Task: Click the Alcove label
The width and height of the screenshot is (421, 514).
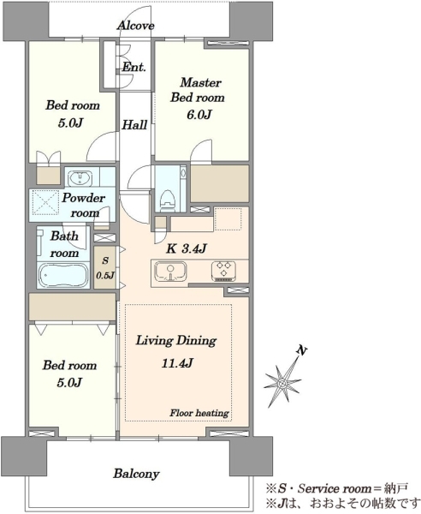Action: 135,25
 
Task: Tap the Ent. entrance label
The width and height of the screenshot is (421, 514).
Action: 133,67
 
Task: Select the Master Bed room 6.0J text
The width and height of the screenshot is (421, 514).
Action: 198,98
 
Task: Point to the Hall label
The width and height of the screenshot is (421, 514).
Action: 134,124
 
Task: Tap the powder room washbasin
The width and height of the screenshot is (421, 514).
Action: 80,178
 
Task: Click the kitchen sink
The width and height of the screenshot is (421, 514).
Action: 170,272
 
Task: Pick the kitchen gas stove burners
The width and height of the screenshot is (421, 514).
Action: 224,271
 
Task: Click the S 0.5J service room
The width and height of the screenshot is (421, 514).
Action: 104,267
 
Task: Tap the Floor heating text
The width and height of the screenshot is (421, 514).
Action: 199,413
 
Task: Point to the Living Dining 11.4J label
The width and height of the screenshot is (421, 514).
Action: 176,351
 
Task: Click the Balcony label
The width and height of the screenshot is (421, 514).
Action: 136,474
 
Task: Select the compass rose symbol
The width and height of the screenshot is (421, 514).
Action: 282,382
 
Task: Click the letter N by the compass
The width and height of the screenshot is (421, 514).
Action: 301,351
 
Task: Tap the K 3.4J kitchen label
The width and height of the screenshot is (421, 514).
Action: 187,248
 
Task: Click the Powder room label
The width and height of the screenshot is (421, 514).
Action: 83,206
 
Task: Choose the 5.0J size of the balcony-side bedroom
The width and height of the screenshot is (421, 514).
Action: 69,382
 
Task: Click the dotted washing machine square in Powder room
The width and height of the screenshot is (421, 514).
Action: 44,203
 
